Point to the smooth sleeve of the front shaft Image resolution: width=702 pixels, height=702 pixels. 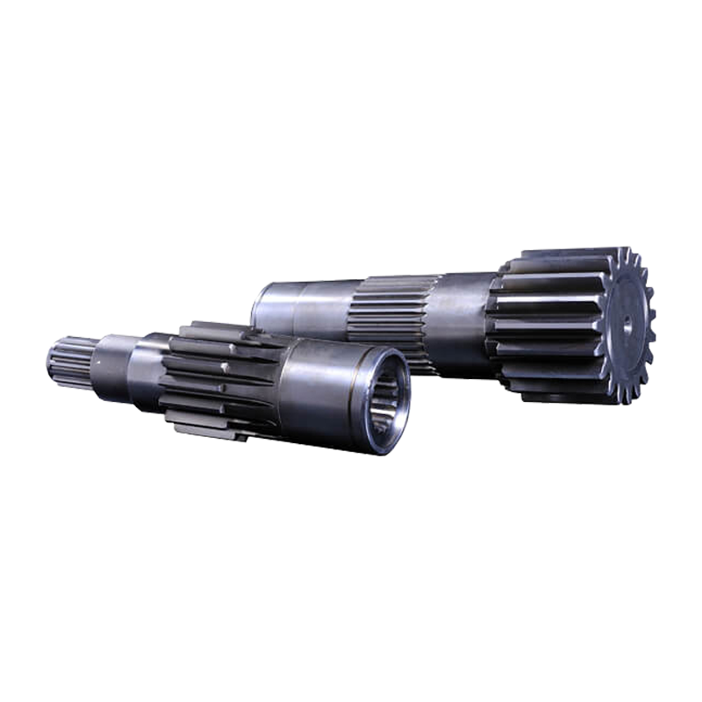(316, 386)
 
